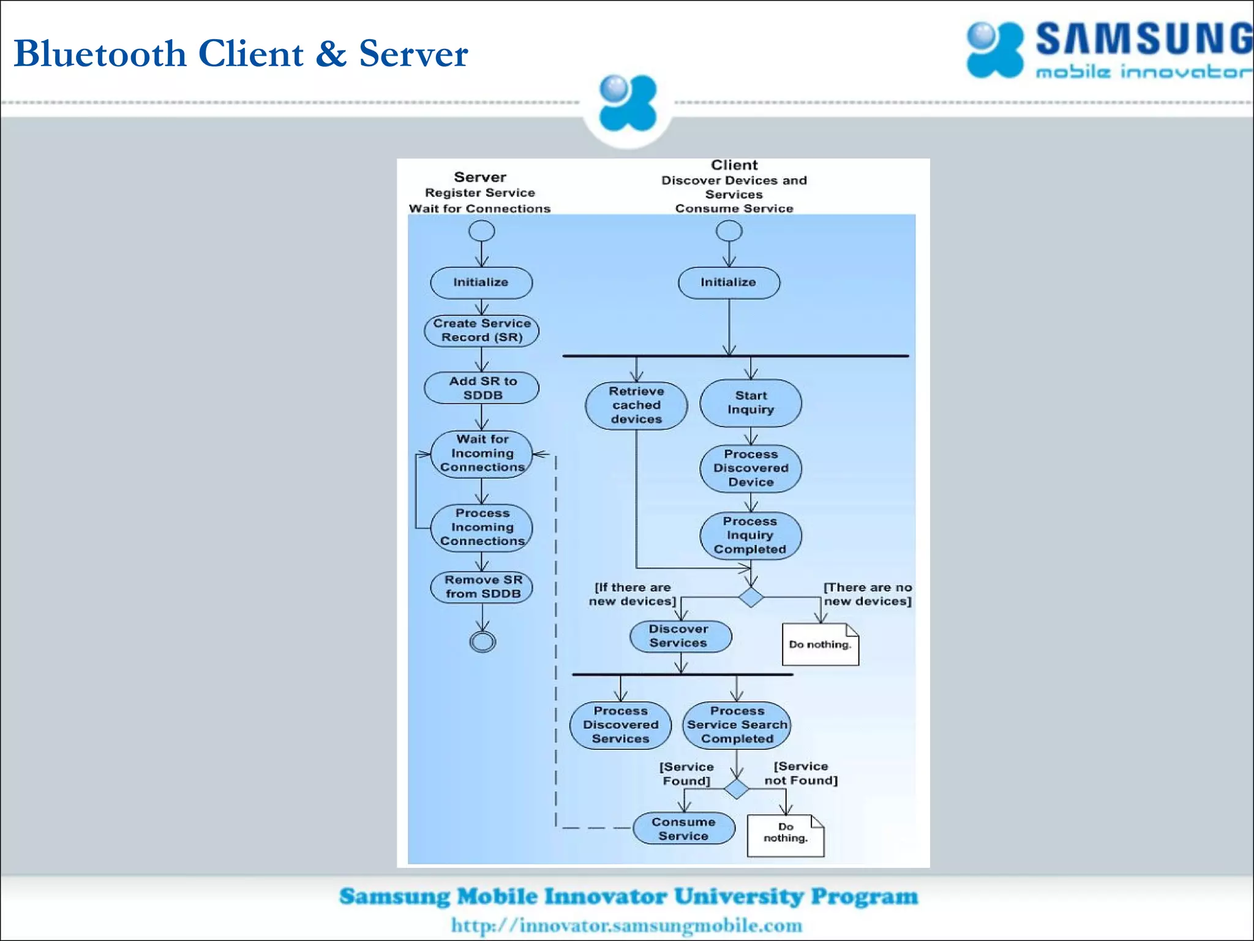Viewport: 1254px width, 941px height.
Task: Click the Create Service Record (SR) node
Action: (x=481, y=331)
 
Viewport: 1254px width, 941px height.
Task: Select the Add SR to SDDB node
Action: (x=481, y=388)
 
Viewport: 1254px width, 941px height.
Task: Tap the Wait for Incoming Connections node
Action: (x=481, y=453)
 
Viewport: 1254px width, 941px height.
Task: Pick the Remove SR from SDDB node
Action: (x=481, y=587)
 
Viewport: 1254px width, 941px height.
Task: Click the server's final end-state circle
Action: (x=482, y=641)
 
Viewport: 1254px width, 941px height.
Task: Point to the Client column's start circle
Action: (x=729, y=231)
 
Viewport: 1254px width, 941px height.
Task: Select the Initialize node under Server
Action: (x=481, y=282)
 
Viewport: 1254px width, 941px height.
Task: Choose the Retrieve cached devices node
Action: (x=636, y=405)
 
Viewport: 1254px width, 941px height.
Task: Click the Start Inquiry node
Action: (x=751, y=402)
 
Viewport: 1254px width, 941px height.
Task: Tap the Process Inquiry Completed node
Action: (x=751, y=535)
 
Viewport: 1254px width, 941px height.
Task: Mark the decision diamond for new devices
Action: (x=751, y=597)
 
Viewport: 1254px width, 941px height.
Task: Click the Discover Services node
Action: (x=680, y=636)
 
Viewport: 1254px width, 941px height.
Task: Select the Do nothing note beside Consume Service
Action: (x=786, y=835)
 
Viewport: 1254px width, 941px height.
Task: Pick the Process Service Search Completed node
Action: (x=737, y=725)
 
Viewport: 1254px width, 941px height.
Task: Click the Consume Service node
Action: (x=683, y=829)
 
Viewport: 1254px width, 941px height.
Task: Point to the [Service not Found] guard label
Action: (x=801, y=773)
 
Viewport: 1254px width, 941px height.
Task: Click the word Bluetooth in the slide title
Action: (x=100, y=53)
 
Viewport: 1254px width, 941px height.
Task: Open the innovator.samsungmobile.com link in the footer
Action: (x=626, y=925)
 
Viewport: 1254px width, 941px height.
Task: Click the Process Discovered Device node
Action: (x=751, y=468)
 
